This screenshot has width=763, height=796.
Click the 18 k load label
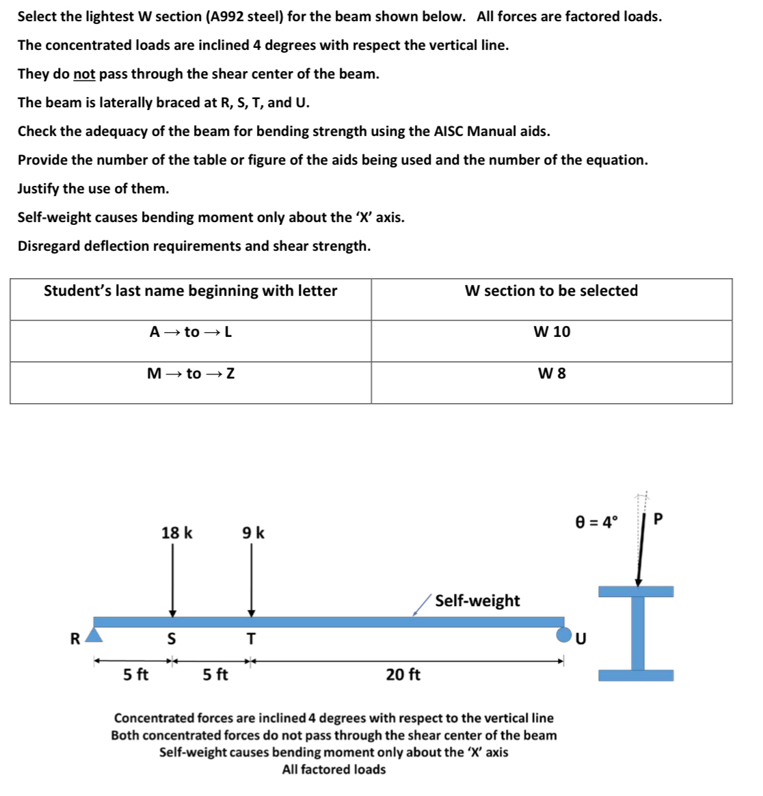point(176,532)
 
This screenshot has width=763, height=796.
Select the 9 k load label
point(253,532)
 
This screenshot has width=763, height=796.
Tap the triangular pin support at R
point(94,637)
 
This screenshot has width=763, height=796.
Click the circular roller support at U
point(563,635)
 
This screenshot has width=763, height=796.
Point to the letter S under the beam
point(172,639)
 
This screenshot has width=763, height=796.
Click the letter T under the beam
point(251,639)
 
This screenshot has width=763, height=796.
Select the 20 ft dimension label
point(403,674)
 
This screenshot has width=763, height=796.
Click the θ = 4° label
point(596,522)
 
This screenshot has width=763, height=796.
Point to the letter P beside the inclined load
point(658,519)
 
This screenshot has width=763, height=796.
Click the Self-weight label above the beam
point(477,601)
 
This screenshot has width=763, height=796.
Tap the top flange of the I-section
point(636,591)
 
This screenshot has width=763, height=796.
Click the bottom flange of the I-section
point(636,675)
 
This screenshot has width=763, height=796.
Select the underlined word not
point(84,74)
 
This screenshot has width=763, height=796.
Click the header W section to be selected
point(551,291)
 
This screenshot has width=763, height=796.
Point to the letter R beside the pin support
point(75,639)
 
